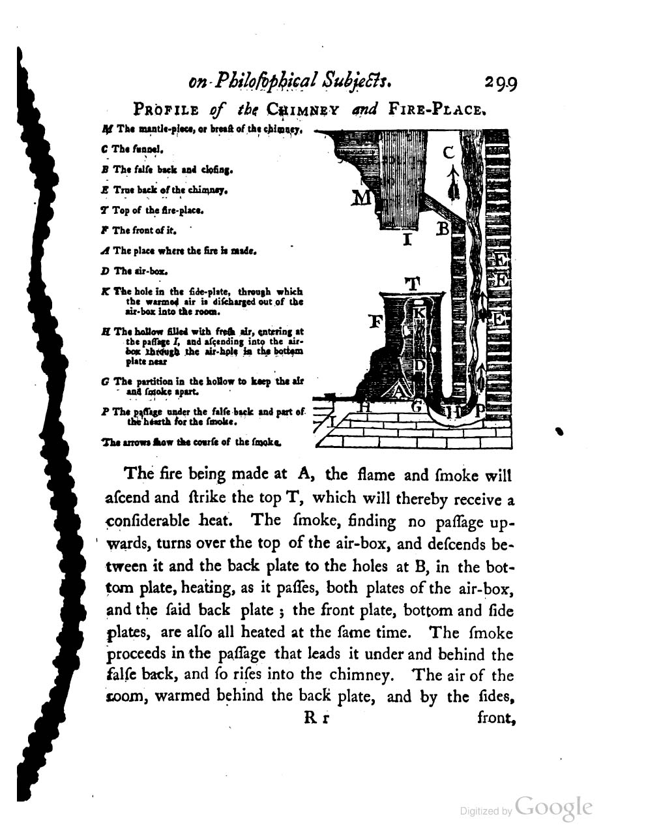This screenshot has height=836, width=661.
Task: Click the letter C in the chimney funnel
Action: (448, 153)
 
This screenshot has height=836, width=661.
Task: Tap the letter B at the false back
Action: (443, 229)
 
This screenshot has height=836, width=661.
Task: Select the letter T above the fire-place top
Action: (412, 284)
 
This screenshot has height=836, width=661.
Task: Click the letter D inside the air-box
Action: (420, 365)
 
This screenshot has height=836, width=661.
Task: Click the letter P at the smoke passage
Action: (480, 410)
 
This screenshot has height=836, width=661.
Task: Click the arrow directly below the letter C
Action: (449, 183)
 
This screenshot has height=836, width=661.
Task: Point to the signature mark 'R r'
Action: (316, 720)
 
